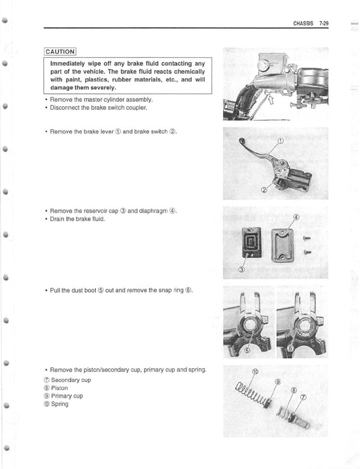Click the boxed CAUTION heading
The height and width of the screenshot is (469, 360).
point(60,51)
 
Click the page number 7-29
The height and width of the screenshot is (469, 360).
point(324,23)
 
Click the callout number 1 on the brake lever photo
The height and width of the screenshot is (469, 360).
point(280,141)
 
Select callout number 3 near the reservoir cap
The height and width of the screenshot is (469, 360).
point(242,269)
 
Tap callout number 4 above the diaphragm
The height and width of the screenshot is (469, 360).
point(296,217)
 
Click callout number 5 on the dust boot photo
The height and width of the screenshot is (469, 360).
point(248,349)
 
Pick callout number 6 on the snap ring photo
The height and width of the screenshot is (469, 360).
point(290,348)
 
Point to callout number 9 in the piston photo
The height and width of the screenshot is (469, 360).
point(278,382)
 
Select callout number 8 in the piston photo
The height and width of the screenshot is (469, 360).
point(294,390)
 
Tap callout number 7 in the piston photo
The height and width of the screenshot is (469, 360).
point(303,398)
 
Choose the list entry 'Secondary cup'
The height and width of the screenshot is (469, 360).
point(71,380)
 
